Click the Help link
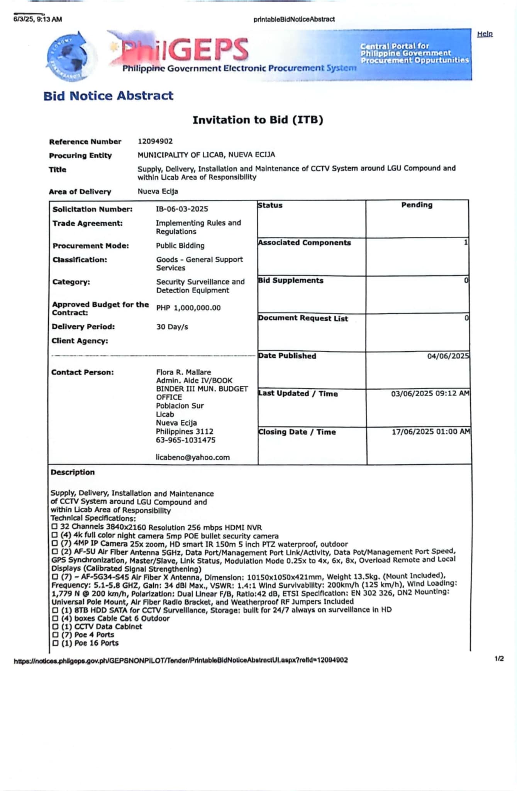tap(485, 34)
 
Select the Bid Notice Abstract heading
tap(108, 96)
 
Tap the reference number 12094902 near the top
tap(155, 141)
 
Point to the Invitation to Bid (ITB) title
tap(258, 120)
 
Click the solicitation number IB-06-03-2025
tap(182, 209)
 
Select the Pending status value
tap(417, 205)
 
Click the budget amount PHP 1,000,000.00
tap(188, 308)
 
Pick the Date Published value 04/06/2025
tap(448, 356)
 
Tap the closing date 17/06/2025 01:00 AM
tap(431, 432)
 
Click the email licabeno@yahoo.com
tap(193, 457)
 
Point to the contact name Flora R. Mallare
tap(183, 372)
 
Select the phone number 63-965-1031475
tap(186, 440)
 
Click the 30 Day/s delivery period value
tap(172, 327)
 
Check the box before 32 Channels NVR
tap(54, 527)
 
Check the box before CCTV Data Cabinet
tap(55, 626)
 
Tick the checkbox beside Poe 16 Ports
tap(55, 643)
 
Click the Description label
tap(73, 472)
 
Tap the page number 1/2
tap(499, 659)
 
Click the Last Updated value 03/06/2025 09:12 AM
tap(430, 394)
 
